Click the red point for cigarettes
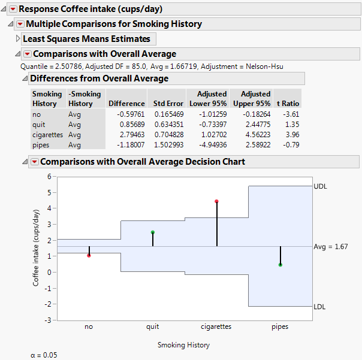coord(216,201)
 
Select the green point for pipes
coord(280,265)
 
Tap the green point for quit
coord(153,232)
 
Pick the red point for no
coord(89,255)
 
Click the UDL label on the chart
coord(321,187)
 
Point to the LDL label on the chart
coord(321,307)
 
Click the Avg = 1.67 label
coord(331,247)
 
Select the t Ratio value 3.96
coord(292,135)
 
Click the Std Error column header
coord(168,104)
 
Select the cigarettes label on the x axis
coord(216,327)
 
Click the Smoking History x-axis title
coord(183,345)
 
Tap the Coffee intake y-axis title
coord(37,248)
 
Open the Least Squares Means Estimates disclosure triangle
coord(17,38)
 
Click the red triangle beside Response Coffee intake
coord(13,9)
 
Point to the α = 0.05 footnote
coord(44,355)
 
